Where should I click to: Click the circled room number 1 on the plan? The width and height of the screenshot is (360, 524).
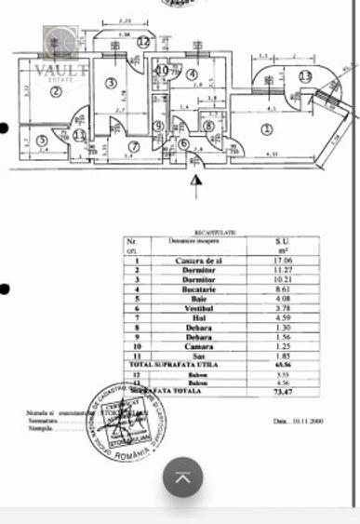(267, 128)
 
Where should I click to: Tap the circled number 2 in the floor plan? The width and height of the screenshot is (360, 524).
(56, 91)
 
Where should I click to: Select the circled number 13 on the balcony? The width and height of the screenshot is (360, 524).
(305, 76)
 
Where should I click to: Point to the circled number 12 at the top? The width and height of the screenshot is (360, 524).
(142, 41)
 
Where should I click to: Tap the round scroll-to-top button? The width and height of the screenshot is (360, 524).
(184, 477)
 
